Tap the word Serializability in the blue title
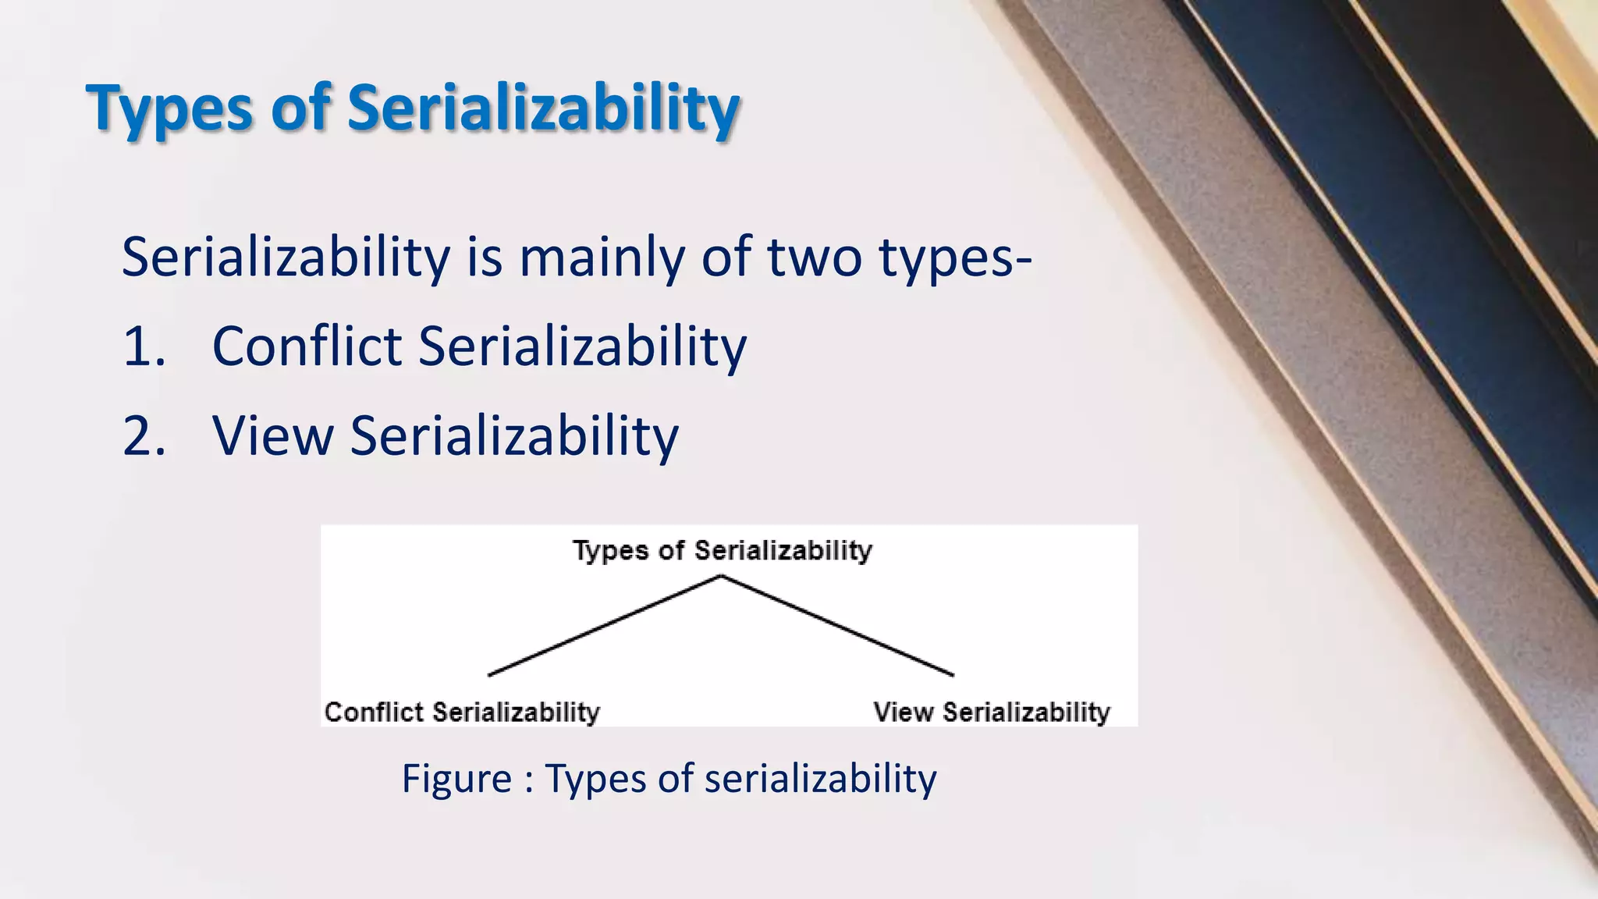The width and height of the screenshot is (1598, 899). pyautogui.click(x=543, y=108)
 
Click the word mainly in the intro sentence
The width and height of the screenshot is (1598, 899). pyautogui.click(x=602, y=258)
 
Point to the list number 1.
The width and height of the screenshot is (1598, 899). pyautogui.click(x=144, y=346)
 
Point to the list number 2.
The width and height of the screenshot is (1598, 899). pyautogui.click(x=144, y=436)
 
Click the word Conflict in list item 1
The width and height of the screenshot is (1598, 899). pyautogui.click(x=307, y=346)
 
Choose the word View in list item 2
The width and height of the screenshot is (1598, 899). pyautogui.click(x=272, y=436)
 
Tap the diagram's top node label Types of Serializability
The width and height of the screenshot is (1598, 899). pyautogui.click(x=722, y=551)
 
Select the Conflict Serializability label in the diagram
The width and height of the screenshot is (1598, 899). pyautogui.click(x=462, y=712)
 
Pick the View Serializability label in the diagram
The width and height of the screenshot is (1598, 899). pyautogui.click(x=991, y=712)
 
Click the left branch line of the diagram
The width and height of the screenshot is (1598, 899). pyautogui.click(x=605, y=625)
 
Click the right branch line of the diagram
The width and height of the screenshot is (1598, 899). pyautogui.click(x=836, y=625)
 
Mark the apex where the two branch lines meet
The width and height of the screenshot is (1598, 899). pyautogui.click(x=721, y=577)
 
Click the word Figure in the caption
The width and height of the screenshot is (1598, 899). pyautogui.click(x=456, y=779)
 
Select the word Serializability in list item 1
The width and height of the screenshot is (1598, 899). pyautogui.click(x=582, y=346)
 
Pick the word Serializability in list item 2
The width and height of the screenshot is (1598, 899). pyautogui.click(x=514, y=436)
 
